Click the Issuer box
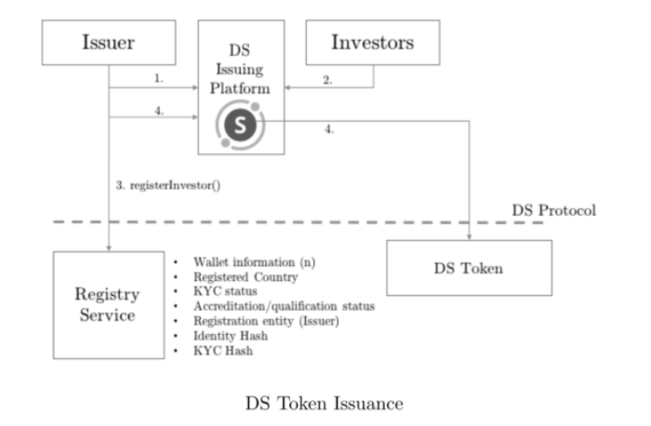tap(109, 42)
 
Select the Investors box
tap(372, 42)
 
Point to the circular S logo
tap(241, 126)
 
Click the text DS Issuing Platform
tap(241, 68)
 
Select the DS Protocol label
tap(554, 209)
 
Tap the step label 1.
tap(159, 80)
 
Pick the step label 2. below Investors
tap(327, 80)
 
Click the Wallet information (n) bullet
tap(254, 262)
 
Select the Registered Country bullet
tap(246, 277)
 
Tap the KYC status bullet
tap(224, 291)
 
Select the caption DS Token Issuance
tap(325, 404)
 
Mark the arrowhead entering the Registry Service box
tap(110, 247)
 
